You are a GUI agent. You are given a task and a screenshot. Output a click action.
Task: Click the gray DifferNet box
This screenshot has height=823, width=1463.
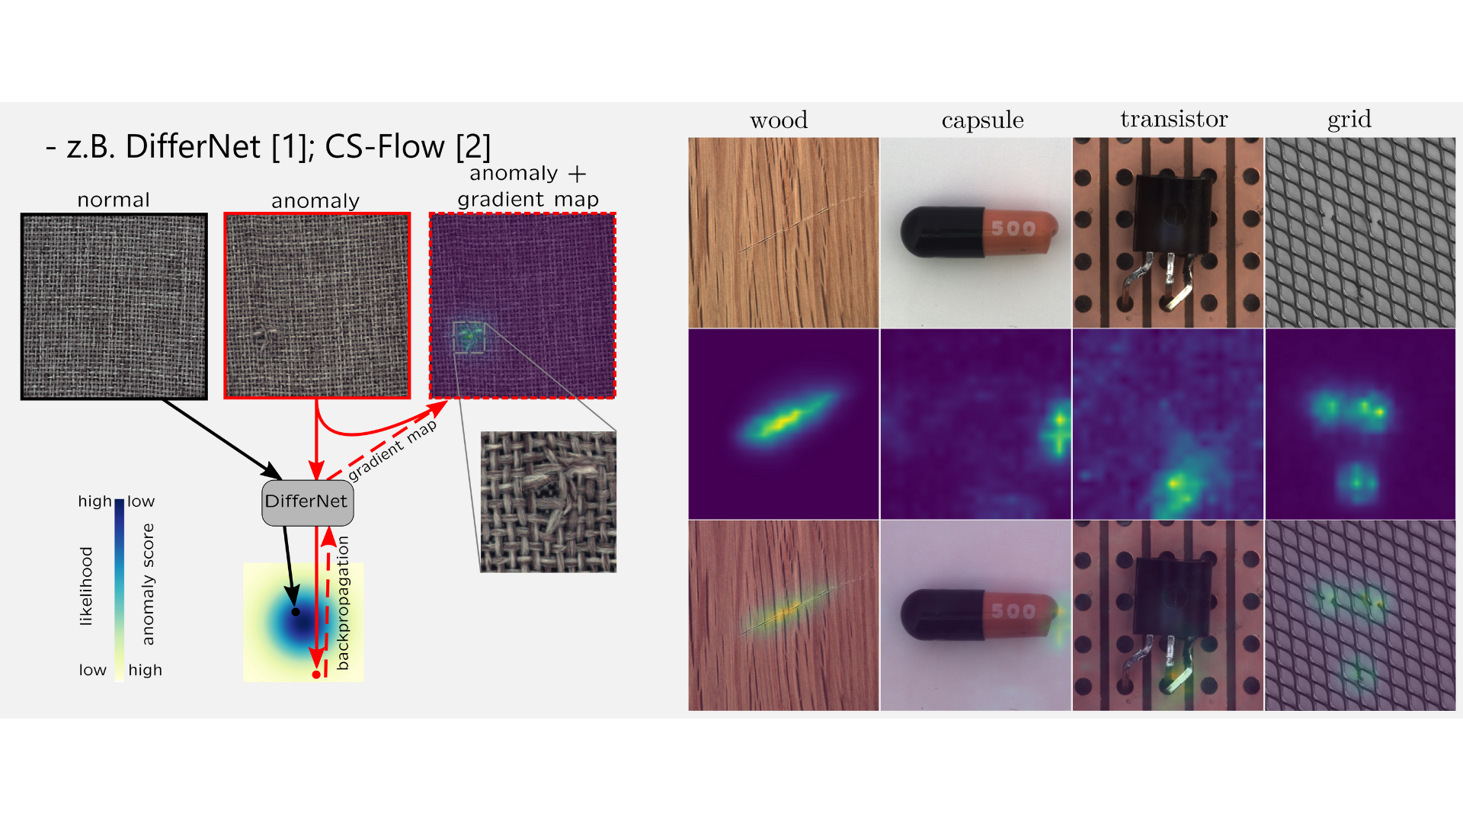pyautogui.click(x=307, y=502)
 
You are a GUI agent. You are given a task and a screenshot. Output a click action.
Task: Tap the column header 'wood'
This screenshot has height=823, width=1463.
pyautogui.click(x=778, y=120)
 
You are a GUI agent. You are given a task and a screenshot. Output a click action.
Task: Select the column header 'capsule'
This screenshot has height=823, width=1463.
pyautogui.click(x=982, y=120)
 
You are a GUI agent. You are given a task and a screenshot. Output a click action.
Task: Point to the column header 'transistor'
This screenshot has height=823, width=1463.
pyautogui.click(x=1173, y=119)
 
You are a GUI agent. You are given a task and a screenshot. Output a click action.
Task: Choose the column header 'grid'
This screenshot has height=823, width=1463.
pyautogui.click(x=1349, y=120)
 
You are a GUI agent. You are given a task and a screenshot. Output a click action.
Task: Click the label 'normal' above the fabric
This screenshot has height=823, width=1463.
pyautogui.click(x=114, y=200)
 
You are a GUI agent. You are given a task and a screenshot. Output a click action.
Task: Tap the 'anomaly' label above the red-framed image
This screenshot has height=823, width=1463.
pyautogui.click(x=315, y=201)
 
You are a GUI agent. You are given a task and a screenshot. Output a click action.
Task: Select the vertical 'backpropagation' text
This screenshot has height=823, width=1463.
pyautogui.click(x=343, y=603)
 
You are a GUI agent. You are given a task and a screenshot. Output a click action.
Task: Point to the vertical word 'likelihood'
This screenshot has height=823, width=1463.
pyautogui.click(x=86, y=586)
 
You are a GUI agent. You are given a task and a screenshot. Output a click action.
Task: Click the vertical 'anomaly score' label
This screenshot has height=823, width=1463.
pyautogui.click(x=148, y=584)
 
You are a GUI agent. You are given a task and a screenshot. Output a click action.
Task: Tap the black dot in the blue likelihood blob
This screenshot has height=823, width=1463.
pyautogui.click(x=296, y=611)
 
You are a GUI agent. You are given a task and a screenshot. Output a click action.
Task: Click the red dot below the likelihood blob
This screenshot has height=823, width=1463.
pyautogui.click(x=316, y=674)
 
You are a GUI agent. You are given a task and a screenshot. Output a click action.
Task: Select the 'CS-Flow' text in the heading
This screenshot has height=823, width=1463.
pyautogui.click(x=385, y=146)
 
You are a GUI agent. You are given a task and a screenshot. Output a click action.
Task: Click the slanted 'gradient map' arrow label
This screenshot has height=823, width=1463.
pyautogui.click(x=392, y=450)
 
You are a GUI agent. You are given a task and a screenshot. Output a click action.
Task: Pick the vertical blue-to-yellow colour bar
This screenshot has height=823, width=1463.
pyautogui.click(x=120, y=590)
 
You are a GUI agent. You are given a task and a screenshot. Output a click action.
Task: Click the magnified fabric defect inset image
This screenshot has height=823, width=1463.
pyautogui.click(x=548, y=501)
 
